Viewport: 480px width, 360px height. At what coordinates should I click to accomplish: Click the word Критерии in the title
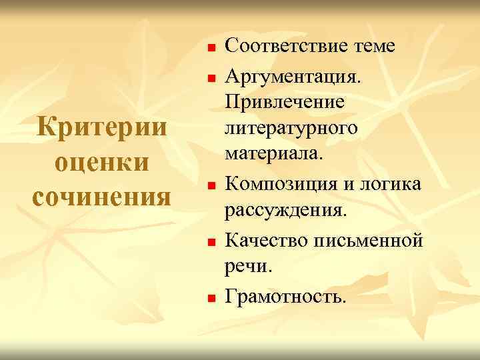[x=100, y=127]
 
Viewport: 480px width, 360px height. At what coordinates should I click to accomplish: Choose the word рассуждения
[x=285, y=211]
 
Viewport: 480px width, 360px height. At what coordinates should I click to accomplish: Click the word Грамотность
[x=286, y=294]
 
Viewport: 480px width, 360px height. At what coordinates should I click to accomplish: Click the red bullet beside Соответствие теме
[x=209, y=48]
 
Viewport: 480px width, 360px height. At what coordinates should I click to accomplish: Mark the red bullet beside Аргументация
[x=209, y=79]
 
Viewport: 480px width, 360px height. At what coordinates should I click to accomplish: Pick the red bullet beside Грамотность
[x=209, y=295]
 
